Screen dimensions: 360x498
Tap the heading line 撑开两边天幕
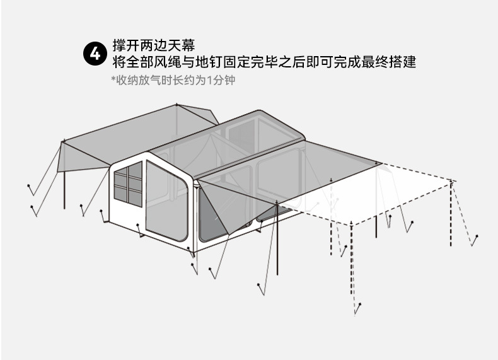(154, 46)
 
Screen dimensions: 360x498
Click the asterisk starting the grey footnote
(113, 80)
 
